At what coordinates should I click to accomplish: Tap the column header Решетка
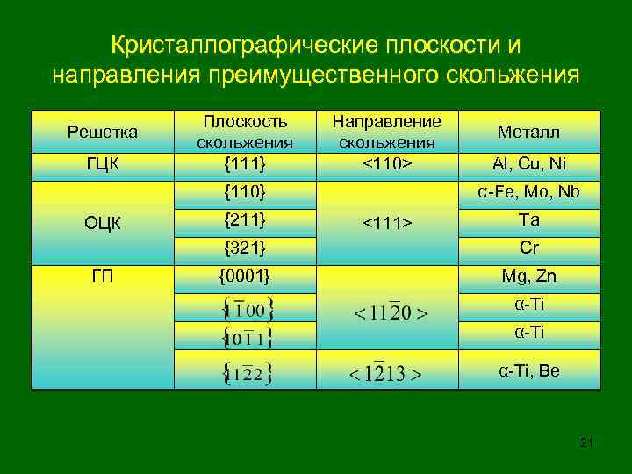click(103, 132)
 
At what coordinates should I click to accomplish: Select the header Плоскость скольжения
click(245, 131)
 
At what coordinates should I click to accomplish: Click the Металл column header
click(528, 132)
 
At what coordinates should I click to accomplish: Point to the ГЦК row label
click(103, 163)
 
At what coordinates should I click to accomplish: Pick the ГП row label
click(103, 276)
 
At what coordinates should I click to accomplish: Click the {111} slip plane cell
click(245, 162)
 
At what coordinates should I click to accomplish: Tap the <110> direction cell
click(388, 162)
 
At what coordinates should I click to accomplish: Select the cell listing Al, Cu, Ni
click(528, 163)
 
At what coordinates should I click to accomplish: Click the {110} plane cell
click(245, 190)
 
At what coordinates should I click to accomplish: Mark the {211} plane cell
click(245, 219)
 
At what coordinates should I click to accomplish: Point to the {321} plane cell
click(245, 247)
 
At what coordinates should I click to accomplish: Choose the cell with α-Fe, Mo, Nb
click(528, 191)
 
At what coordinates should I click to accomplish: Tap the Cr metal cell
click(528, 247)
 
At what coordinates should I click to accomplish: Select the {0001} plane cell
click(245, 276)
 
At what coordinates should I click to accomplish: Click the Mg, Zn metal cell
click(528, 276)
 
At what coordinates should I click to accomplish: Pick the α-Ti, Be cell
click(528, 370)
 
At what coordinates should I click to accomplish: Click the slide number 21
click(586, 442)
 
